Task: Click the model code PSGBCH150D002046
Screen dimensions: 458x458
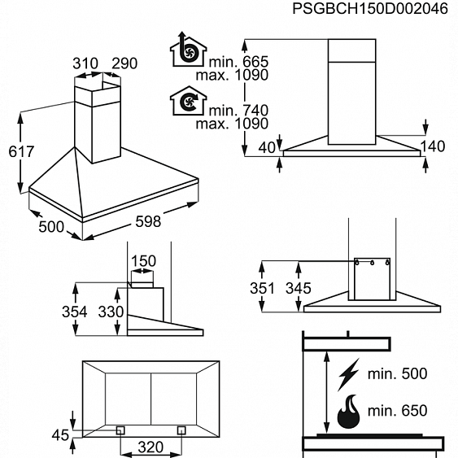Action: click(x=370, y=8)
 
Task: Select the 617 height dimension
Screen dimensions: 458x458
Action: click(x=21, y=151)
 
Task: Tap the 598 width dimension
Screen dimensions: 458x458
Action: click(x=148, y=221)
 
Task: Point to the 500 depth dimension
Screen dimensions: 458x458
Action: click(x=51, y=227)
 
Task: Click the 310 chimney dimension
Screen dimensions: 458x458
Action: click(x=85, y=63)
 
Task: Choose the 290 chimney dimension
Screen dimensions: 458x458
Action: click(x=124, y=63)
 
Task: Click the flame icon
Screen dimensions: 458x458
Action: click(x=348, y=412)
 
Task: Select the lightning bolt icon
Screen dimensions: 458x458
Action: click(x=348, y=375)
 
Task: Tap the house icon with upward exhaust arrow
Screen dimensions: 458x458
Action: click(x=189, y=49)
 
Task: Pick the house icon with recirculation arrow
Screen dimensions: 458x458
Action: click(x=189, y=101)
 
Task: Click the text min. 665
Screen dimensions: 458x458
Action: click(x=238, y=62)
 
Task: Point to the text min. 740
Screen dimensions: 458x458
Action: click(x=238, y=111)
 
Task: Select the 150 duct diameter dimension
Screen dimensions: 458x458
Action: click(x=143, y=261)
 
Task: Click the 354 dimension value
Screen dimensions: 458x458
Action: click(x=75, y=312)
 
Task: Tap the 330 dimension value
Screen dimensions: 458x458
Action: click(x=111, y=312)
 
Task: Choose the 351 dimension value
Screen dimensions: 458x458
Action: click(x=262, y=288)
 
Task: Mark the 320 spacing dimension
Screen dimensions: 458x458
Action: click(x=150, y=447)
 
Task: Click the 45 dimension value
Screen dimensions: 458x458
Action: click(x=60, y=435)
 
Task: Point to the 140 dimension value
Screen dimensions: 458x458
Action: click(x=433, y=146)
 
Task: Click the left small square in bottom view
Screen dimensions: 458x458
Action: click(x=120, y=430)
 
